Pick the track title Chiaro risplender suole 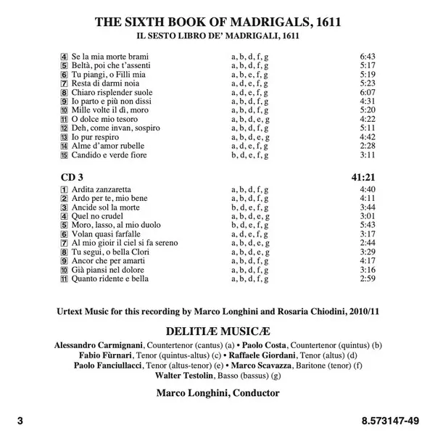coord(111,92)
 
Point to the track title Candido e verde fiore coord(109,154)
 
